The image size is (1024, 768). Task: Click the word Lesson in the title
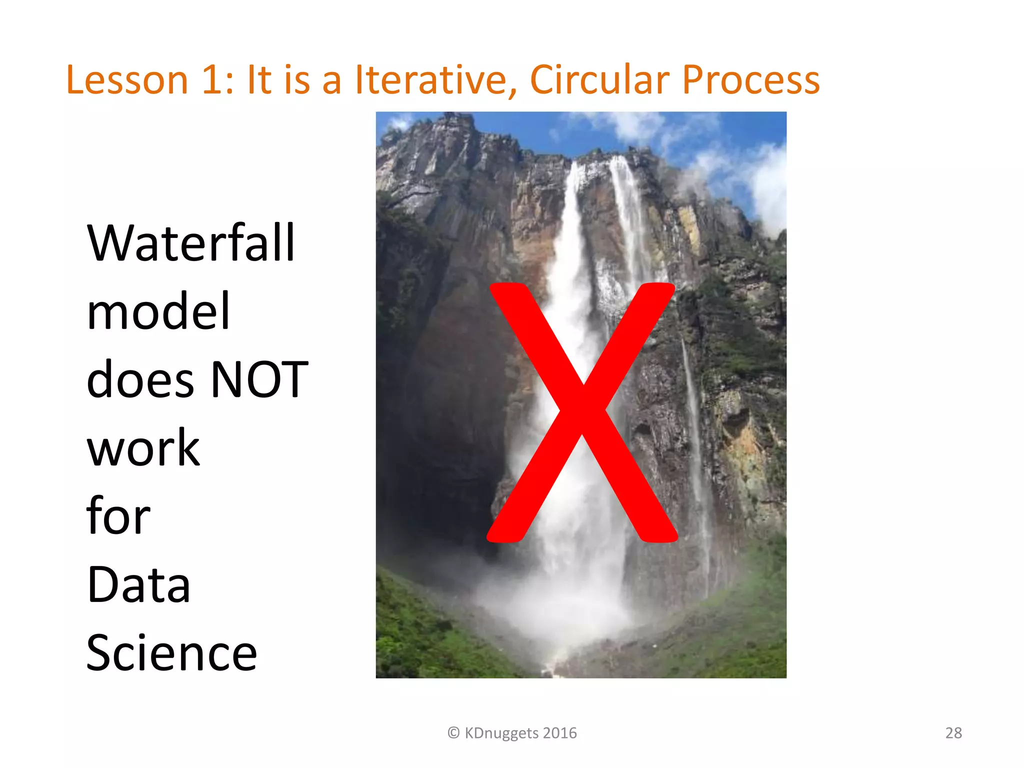pyautogui.click(x=127, y=80)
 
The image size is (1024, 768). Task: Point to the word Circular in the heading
pyautogui.click(x=599, y=80)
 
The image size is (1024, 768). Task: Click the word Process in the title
pyautogui.click(x=751, y=80)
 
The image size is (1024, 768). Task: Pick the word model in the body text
pyautogui.click(x=158, y=311)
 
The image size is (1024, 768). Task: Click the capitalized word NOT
pyautogui.click(x=259, y=380)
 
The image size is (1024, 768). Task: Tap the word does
pyautogui.click(x=140, y=380)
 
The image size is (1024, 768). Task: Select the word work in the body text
pyautogui.click(x=143, y=448)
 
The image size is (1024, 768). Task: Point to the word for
pyautogui.click(x=118, y=516)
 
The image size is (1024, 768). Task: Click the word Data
pyautogui.click(x=138, y=584)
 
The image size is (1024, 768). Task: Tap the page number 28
pyautogui.click(x=953, y=733)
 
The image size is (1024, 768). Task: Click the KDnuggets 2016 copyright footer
pyautogui.click(x=520, y=733)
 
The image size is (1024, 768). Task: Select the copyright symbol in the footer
pyautogui.click(x=453, y=733)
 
